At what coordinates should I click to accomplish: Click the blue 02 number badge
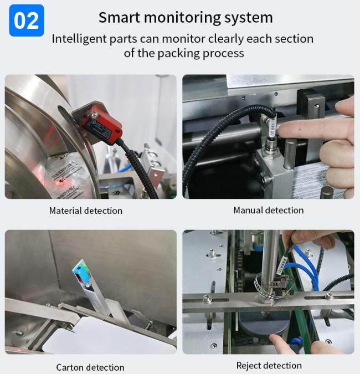27,21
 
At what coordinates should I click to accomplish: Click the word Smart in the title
120,17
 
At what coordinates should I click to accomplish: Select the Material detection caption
86,211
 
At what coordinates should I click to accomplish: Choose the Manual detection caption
269,211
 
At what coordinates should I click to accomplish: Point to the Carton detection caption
90,367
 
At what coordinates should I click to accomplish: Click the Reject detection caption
269,366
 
